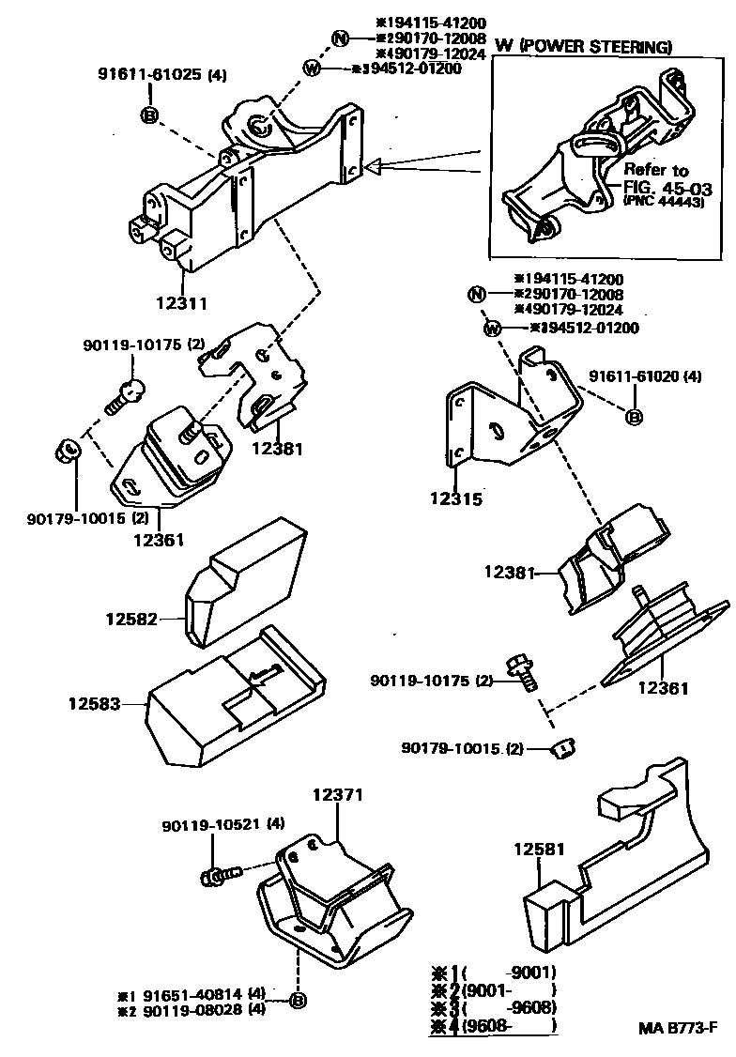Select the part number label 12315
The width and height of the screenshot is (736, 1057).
(x=457, y=499)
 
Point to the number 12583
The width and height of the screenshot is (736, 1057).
(x=95, y=701)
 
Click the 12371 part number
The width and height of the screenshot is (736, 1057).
(x=336, y=796)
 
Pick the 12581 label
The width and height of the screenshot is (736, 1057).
(x=539, y=849)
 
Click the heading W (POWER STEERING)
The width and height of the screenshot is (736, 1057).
(x=583, y=46)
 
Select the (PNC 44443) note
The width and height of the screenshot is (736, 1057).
(x=664, y=202)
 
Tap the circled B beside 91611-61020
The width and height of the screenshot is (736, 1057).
(x=634, y=416)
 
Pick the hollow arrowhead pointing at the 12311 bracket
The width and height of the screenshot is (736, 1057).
(x=375, y=168)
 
